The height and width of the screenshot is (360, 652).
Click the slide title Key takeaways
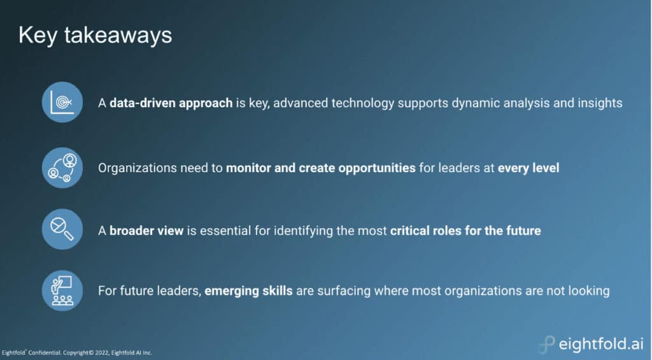click(96, 36)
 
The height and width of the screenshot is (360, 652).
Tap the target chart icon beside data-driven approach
click(62, 102)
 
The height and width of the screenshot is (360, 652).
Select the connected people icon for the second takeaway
click(62, 168)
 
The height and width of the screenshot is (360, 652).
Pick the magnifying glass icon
click(62, 229)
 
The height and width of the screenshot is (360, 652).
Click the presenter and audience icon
click(62, 291)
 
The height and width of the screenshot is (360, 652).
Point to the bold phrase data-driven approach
click(171, 103)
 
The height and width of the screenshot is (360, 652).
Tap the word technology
click(362, 103)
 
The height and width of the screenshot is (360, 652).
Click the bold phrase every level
click(528, 168)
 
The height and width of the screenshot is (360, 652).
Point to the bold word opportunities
click(377, 168)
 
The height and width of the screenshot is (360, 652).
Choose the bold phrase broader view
click(146, 231)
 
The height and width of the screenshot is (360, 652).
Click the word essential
click(225, 231)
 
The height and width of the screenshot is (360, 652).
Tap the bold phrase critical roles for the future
click(465, 231)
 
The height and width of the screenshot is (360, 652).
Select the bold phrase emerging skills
click(249, 291)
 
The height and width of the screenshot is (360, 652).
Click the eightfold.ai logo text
click(601, 344)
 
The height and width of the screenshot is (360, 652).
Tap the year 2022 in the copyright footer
click(101, 353)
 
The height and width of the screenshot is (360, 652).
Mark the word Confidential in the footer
click(45, 353)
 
